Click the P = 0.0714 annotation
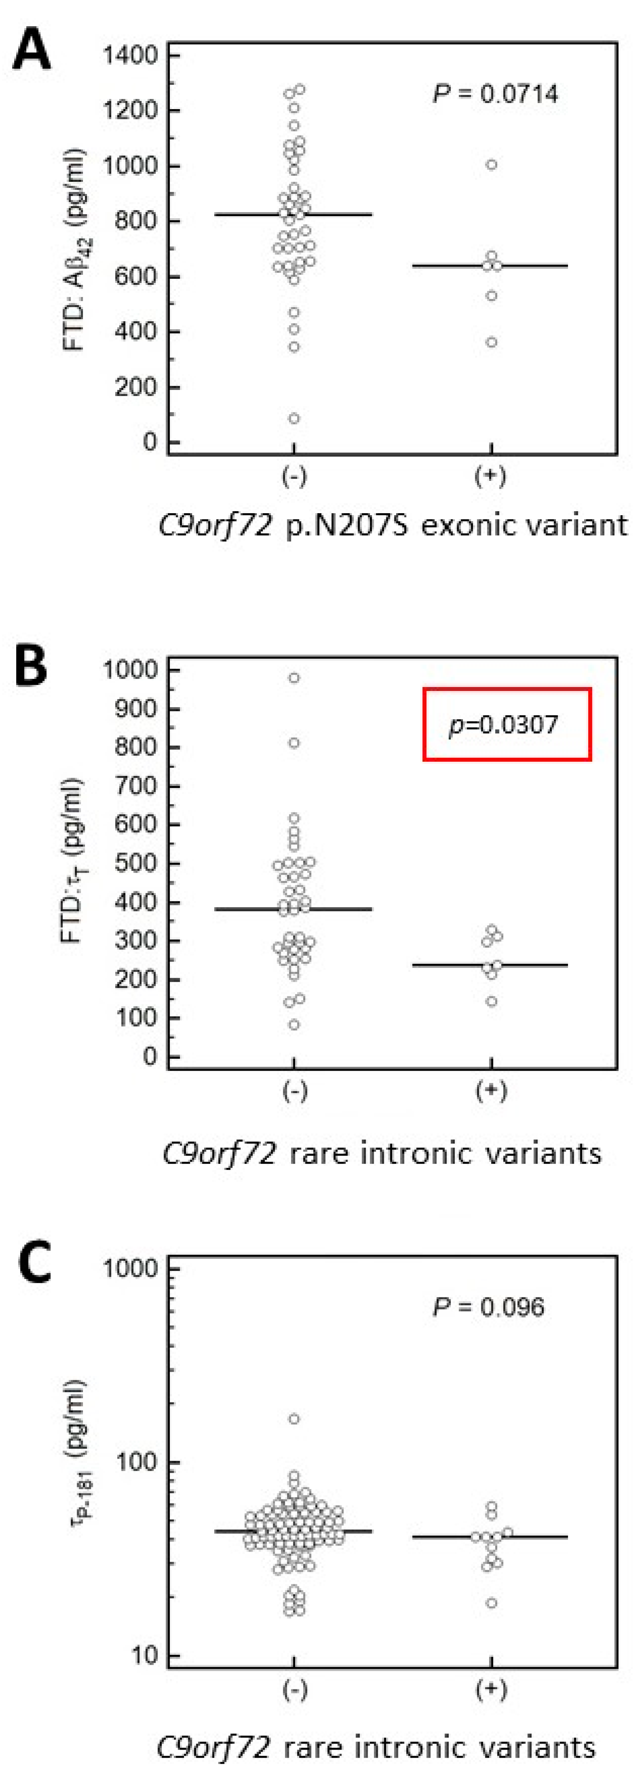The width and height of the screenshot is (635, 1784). (495, 93)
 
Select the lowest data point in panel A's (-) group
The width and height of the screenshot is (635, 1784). (294, 417)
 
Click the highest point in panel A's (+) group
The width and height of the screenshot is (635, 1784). (491, 164)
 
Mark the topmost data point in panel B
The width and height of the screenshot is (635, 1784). (294, 677)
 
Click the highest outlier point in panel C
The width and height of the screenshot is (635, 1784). (294, 1419)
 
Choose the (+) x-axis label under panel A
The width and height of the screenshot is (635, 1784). (490, 476)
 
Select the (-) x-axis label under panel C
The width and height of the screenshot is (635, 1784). (294, 1690)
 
